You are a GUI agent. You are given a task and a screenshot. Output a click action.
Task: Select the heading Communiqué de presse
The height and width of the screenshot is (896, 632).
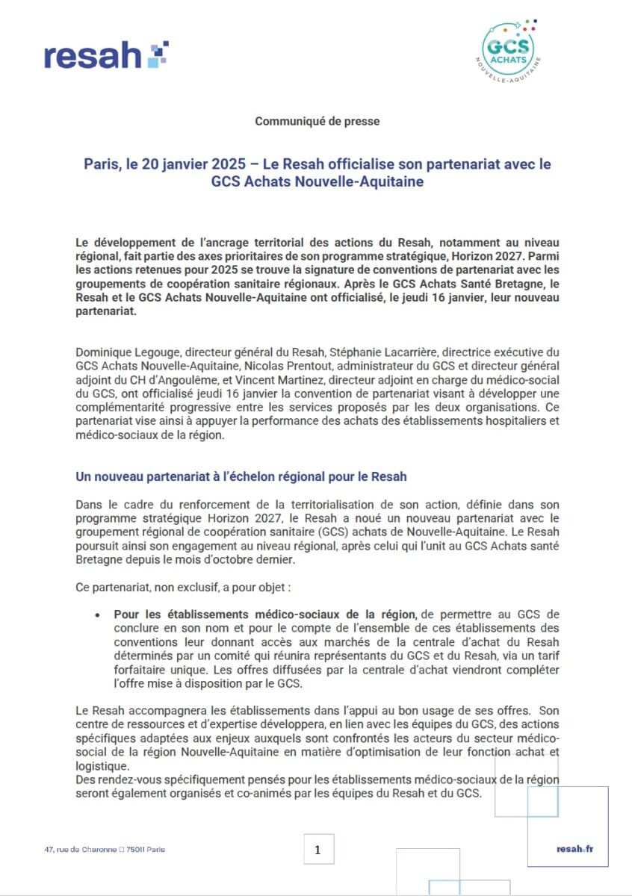click(317, 121)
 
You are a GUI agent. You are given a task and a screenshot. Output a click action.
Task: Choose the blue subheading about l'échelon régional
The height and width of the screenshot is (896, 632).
click(241, 476)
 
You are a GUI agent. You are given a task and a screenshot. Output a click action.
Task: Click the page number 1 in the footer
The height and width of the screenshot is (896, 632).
click(318, 850)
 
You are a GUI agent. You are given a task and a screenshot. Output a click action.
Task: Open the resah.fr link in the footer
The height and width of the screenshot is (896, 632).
click(575, 849)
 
